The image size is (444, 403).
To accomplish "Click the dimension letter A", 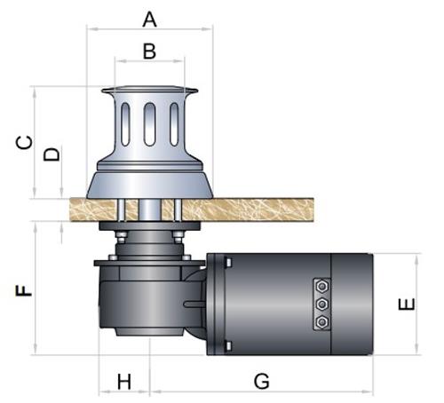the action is coord(149,20).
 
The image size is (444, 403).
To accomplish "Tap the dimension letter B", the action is coord(149,51).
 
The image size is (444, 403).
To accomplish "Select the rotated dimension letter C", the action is coord(24,143).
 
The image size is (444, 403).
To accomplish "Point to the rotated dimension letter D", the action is coord(52,154).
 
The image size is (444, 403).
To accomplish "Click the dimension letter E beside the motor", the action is coord(407,304).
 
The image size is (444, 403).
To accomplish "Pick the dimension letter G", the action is coord(262,381).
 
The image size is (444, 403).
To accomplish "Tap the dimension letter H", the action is coord(124,382).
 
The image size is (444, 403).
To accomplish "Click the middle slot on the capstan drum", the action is coord(149,124).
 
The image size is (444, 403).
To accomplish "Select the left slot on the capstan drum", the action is coord(125,124).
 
